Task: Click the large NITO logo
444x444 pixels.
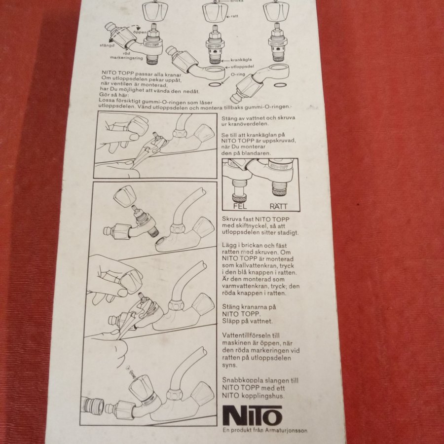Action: [252, 415]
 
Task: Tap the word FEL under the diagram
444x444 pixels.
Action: [240, 206]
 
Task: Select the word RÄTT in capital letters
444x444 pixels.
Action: [278, 206]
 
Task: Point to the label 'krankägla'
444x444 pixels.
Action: [241, 60]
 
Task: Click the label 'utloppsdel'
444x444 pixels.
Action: [242, 67]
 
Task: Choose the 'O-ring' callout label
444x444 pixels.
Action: [238, 74]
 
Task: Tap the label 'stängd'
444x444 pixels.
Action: [107, 45]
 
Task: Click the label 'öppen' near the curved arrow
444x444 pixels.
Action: [140, 32]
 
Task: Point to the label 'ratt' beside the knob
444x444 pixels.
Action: [234, 16]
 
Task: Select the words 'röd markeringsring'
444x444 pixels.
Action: [126, 55]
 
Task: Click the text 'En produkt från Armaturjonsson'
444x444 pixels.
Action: [265, 430]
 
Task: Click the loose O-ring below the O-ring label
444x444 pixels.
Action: [215, 84]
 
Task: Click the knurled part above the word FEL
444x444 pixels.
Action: [240, 196]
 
